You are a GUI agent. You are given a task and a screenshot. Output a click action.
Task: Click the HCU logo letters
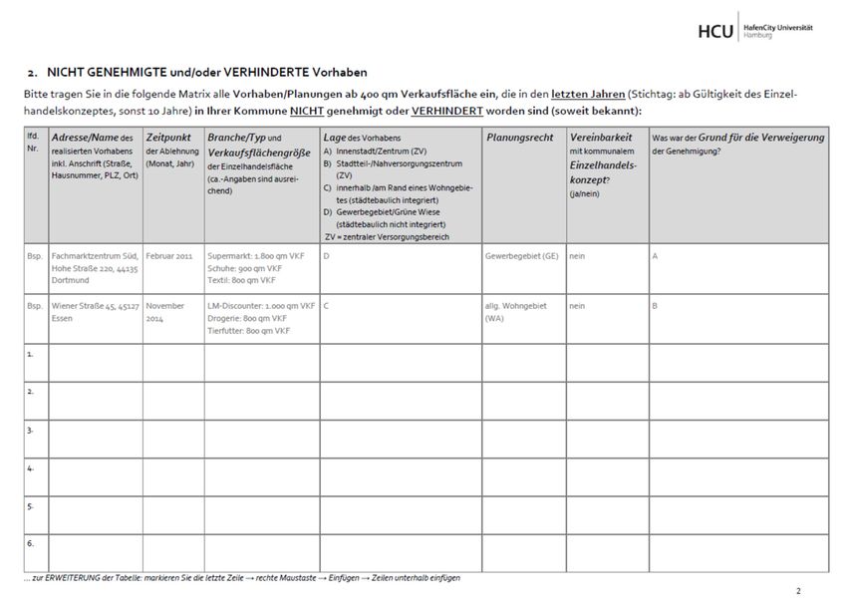tap(715, 31)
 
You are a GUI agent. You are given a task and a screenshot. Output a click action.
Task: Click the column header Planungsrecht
tap(519, 137)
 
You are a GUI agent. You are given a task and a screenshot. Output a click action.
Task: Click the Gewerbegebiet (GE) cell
tap(521, 255)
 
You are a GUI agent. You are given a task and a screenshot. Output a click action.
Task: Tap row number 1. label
tap(32, 353)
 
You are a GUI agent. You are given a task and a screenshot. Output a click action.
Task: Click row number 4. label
tap(32, 467)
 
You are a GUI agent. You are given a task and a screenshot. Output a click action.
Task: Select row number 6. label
tap(32, 543)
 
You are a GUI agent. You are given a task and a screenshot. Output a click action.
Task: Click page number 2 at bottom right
tap(798, 592)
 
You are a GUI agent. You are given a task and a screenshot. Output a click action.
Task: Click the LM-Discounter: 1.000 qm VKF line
tap(261, 305)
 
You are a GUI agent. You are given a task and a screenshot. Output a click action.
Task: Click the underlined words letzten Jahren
tap(589, 94)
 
